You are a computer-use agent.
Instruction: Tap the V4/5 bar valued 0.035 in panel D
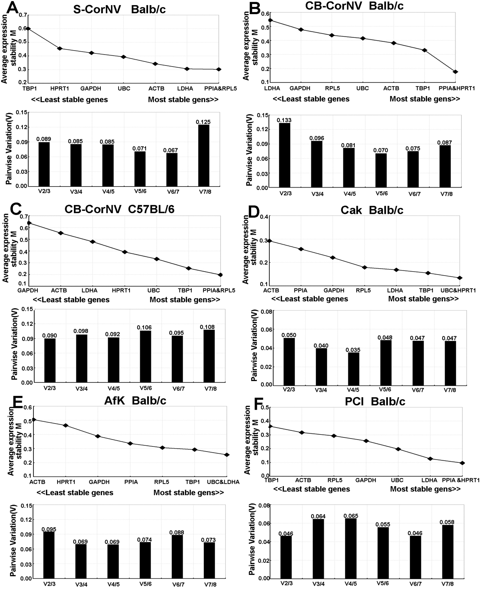[343, 368]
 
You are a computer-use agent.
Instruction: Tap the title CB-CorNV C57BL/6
[119, 209]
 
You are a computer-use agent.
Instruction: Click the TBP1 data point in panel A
[28, 29]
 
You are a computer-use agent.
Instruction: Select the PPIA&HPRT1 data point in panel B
[455, 72]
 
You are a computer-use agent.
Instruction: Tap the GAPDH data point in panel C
[29, 223]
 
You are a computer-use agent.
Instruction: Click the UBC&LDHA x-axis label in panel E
[223, 482]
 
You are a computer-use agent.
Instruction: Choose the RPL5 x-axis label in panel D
[363, 290]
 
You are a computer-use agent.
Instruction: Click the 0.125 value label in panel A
[203, 122]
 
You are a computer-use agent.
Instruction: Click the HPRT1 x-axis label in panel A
[60, 88]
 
